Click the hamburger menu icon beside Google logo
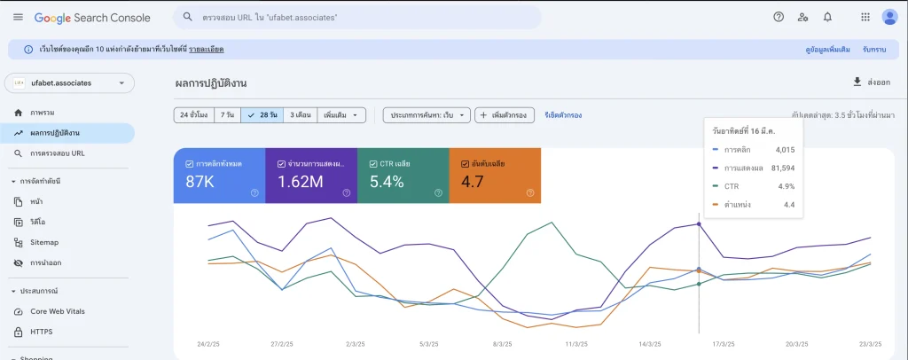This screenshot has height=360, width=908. (18, 18)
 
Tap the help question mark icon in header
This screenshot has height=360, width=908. (779, 17)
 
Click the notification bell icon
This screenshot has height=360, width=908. (827, 17)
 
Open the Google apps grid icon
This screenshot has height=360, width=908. (865, 17)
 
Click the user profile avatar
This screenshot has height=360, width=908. (889, 17)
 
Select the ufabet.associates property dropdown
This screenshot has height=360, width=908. (70, 82)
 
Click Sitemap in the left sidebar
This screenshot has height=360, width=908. (43, 242)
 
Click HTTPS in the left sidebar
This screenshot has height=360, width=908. (41, 332)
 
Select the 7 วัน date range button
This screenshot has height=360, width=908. (228, 115)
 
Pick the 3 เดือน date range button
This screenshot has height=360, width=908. (301, 115)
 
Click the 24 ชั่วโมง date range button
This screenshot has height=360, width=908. (194, 115)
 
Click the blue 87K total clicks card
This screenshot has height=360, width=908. (219, 176)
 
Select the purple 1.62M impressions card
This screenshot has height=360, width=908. (311, 176)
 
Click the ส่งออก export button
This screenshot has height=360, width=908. (871, 82)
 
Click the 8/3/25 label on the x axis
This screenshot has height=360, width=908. (501, 344)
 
